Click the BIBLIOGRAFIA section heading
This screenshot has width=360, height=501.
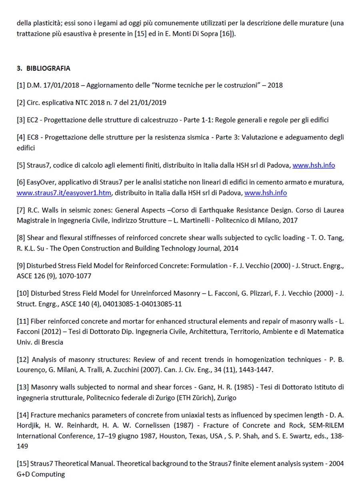pyautogui.click(x=48, y=68)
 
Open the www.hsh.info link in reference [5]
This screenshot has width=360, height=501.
pyautogui.click(x=314, y=165)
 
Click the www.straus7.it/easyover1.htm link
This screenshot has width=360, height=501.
pyautogui.click(x=64, y=193)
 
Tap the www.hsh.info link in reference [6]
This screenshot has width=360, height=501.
pyautogui.click(x=265, y=193)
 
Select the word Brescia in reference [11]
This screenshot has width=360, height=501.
pyautogui.click(x=52, y=342)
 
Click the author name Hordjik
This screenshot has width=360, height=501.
pyautogui.click(x=28, y=425)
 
